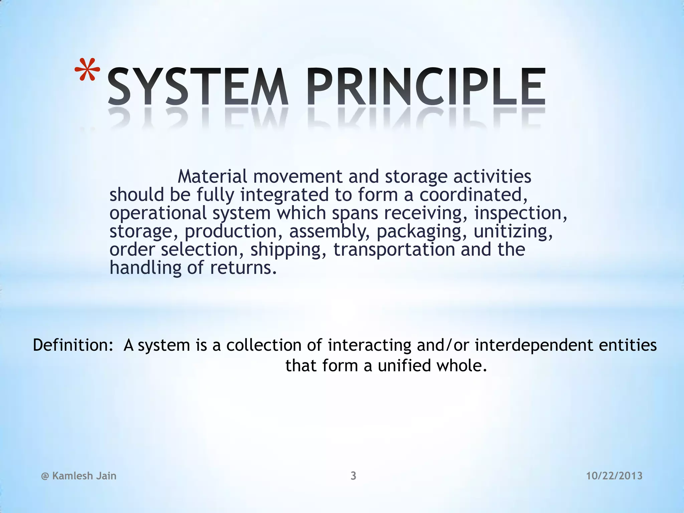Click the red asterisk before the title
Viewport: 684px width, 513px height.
(87, 71)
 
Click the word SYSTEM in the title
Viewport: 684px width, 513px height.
(197, 88)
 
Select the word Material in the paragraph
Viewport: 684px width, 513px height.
(212, 176)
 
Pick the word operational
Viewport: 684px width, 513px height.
(158, 213)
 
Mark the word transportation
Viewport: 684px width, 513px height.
(394, 249)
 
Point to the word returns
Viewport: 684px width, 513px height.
(243, 268)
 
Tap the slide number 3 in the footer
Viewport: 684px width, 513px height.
(353, 476)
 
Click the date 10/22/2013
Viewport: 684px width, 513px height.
(615, 476)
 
